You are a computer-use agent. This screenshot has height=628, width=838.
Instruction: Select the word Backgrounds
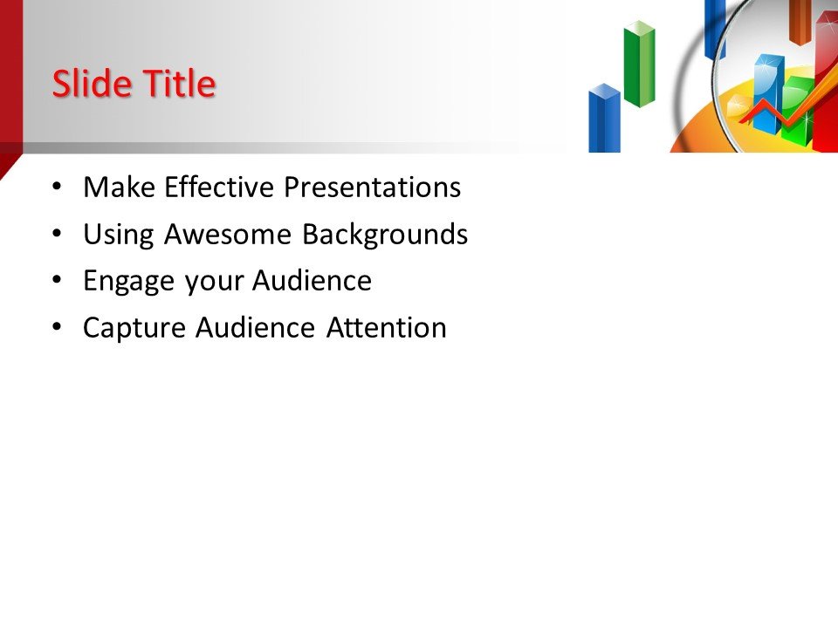pyautogui.click(x=385, y=235)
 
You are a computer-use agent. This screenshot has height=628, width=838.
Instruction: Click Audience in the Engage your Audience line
pyautogui.click(x=312, y=281)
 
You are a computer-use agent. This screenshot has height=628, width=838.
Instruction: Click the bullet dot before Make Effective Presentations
pyautogui.click(x=57, y=188)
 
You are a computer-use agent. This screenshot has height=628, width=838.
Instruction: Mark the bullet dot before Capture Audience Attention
pyautogui.click(x=57, y=328)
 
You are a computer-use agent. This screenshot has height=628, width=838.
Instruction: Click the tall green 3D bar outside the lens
pyautogui.click(x=639, y=65)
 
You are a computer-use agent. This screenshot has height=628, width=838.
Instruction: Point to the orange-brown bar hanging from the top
pyautogui.click(x=800, y=21)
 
